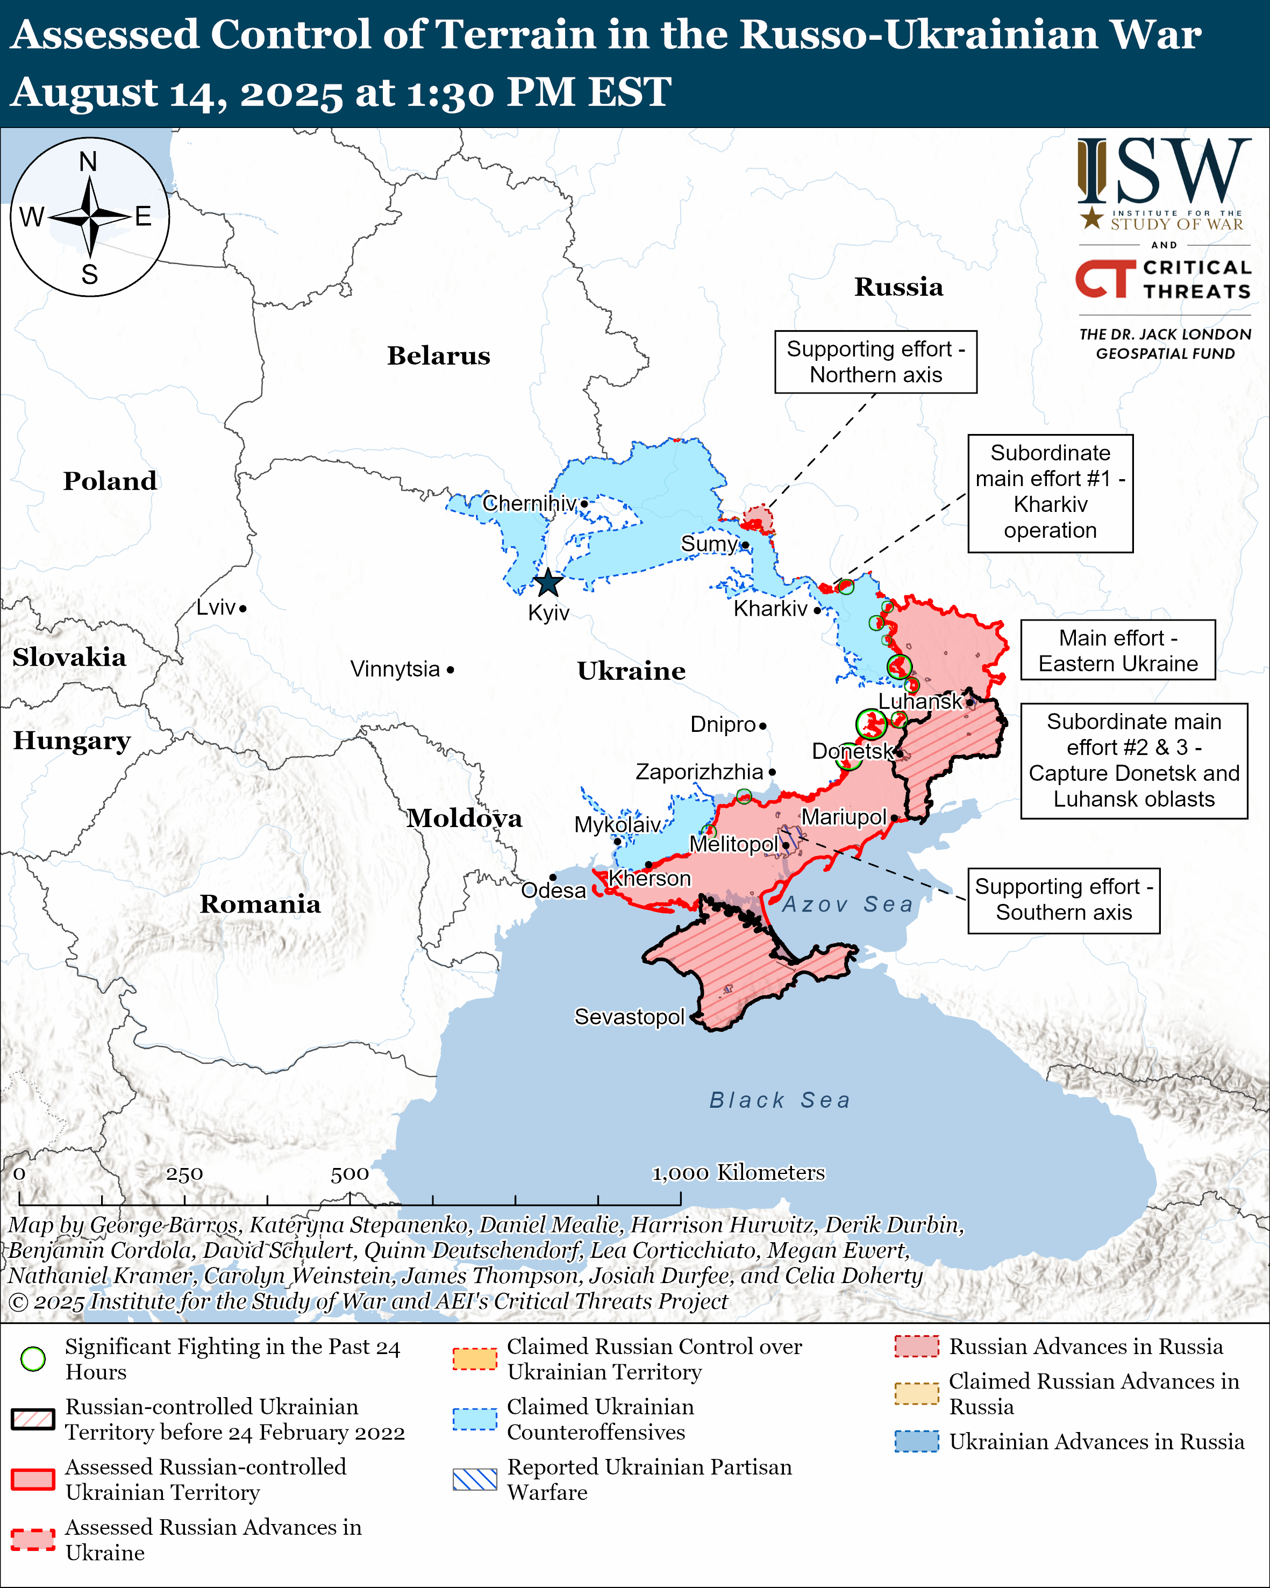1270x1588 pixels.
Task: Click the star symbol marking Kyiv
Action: click(x=548, y=583)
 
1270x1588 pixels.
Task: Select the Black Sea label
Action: click(x=780, y=1100)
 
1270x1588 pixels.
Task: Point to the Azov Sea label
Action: click(x=847, y=905)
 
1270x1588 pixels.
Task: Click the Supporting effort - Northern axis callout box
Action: click(x=875, y=362)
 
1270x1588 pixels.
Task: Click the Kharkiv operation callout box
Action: click(x=1050, y=492)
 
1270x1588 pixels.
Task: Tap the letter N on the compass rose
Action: click(x=88, y=162)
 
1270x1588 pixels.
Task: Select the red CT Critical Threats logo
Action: click(x=1104, y=279)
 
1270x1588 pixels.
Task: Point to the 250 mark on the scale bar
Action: click(x=184, y=1174)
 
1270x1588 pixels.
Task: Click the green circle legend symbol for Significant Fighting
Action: click(x=33, y=1359)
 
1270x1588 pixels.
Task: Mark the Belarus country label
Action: click(x=438, y=356)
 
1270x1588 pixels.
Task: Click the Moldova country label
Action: click(x=465, y=818)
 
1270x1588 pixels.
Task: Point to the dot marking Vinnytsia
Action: click(x=451, y=670)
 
